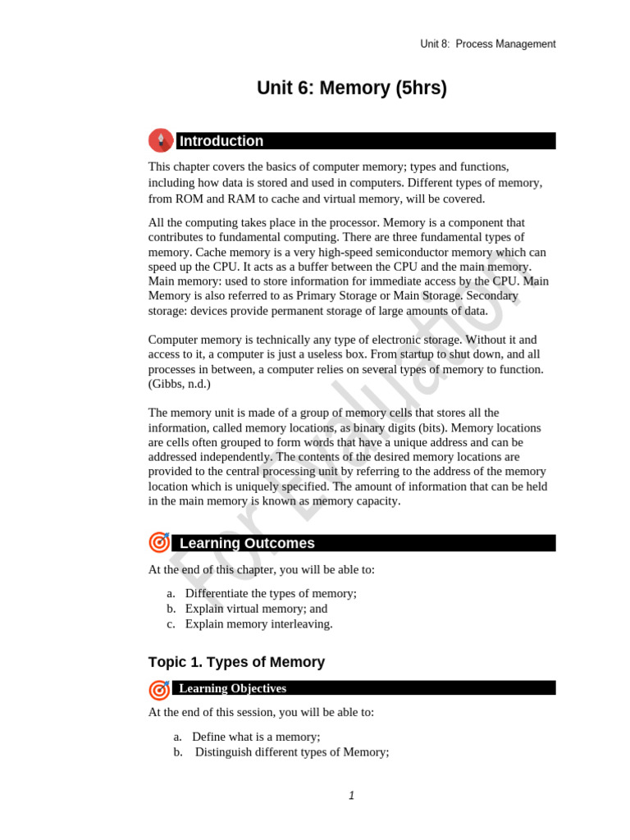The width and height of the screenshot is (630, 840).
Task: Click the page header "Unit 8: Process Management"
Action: click(487, 44)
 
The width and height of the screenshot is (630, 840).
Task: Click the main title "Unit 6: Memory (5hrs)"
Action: click(352, 89)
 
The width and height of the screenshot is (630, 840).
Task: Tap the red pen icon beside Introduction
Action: click(161, 140)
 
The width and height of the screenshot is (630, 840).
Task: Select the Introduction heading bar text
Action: click(221, 141)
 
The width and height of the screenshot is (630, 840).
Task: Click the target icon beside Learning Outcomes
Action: click(160, 542)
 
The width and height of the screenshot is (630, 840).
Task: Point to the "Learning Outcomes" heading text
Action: click(247, 543)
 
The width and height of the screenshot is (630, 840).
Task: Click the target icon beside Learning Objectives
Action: click(160, 689)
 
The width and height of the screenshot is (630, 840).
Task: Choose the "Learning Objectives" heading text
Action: click(233, 688)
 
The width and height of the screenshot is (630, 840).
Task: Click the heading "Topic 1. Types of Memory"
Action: click(236, 662)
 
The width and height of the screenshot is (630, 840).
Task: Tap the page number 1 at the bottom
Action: click(351, 795)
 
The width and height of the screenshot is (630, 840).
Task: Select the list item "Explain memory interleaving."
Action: click(259, 623)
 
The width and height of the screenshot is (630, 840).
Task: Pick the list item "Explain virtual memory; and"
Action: click(256, 609)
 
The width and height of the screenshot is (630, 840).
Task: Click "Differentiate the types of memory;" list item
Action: click(271, 594)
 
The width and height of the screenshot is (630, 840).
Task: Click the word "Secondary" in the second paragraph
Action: click(521, 296)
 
